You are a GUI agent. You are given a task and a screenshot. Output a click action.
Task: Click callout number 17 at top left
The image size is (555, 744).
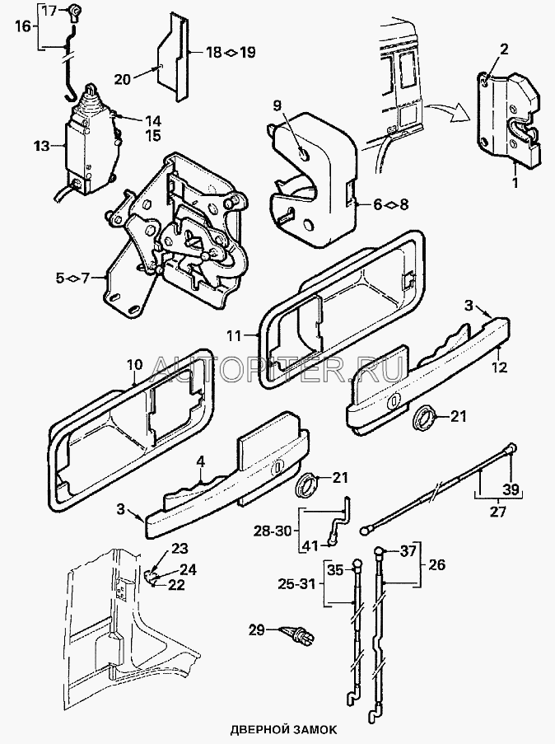point(49,11)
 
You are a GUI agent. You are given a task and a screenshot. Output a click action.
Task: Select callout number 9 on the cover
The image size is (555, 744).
point(277,105)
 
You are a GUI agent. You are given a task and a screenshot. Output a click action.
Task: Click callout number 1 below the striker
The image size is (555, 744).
point(515,183)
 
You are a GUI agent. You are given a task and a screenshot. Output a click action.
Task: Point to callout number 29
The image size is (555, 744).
point(258,630)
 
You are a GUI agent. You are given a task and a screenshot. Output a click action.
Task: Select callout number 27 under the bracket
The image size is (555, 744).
point(498,512)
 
